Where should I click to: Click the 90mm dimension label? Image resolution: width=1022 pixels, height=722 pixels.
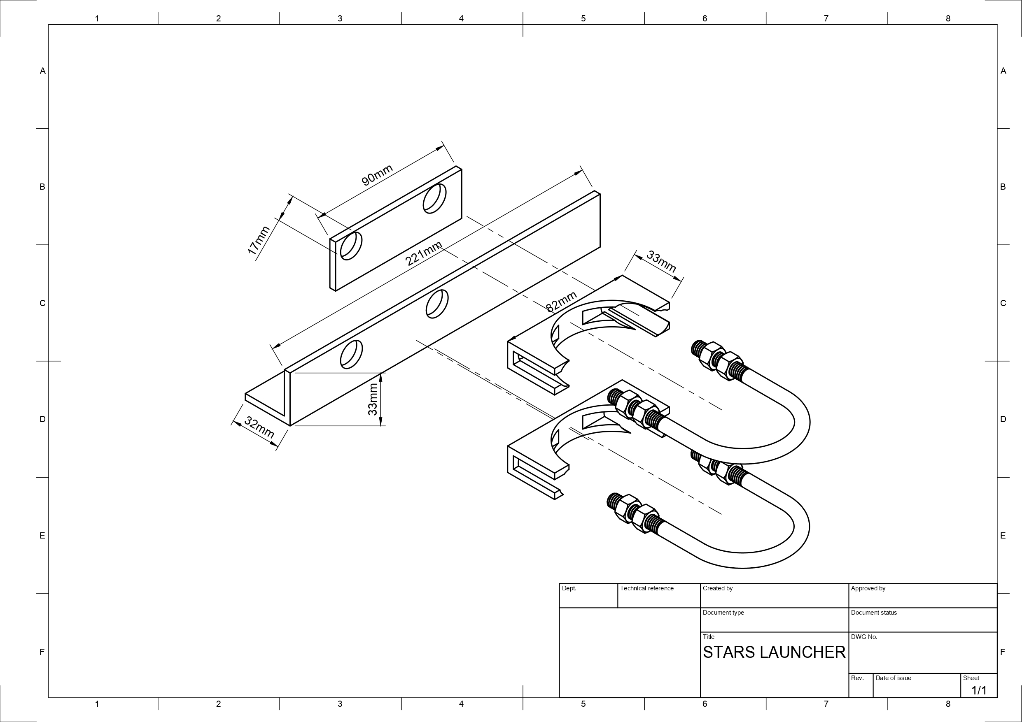point(377,175)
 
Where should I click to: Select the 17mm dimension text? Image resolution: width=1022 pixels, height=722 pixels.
point(259,240)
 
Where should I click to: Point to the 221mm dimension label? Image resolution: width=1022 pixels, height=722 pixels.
point(424,253)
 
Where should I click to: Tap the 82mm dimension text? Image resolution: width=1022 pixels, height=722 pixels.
point(561,302)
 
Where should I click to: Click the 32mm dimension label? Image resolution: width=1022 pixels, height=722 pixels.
point(259,427)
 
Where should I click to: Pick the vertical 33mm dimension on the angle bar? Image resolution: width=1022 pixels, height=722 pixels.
point(373,399)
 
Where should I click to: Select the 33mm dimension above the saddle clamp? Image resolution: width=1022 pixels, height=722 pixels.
point(661,261)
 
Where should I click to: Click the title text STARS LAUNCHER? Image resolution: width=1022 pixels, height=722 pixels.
point(774,652)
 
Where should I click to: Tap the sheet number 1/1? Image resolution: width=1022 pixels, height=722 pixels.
point(979,690)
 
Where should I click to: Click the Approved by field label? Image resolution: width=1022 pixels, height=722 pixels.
point(868,588)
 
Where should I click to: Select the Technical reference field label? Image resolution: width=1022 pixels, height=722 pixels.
point(647,588)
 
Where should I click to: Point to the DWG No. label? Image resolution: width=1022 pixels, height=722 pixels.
point(864,636)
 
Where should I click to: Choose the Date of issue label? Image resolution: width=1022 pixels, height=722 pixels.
point(894,678)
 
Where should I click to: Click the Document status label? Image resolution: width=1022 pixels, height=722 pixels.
point(874,613)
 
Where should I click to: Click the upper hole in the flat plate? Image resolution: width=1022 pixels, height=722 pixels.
point(434,198)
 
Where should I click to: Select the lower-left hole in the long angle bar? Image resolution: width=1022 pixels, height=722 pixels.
point(351,354)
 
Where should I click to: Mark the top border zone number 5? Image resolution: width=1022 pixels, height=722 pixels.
point(583,18)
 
